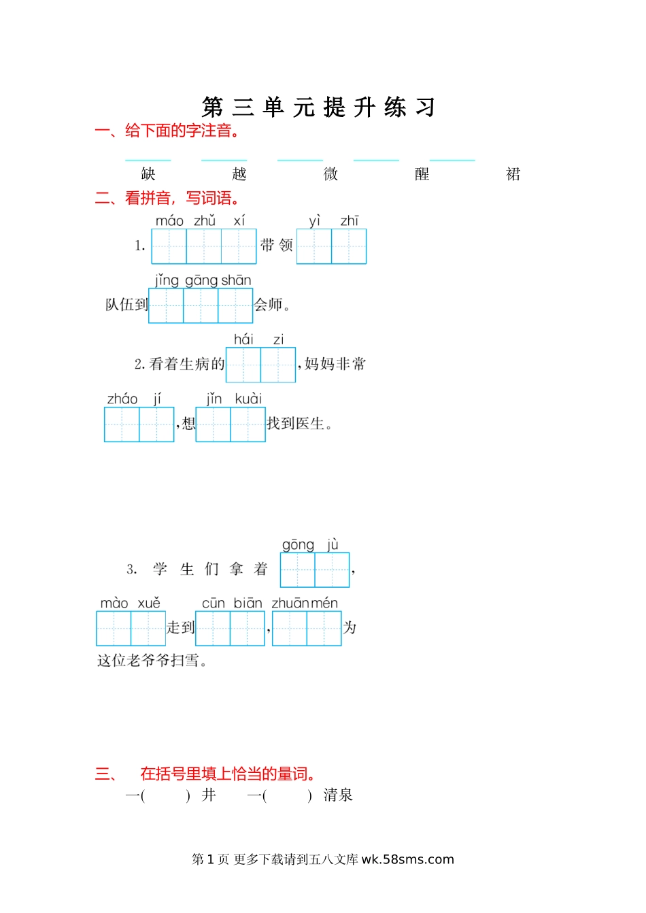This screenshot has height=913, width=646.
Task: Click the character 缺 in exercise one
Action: click(x=148, y=174)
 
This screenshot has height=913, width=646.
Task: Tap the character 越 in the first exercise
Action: click(x=239, y=174)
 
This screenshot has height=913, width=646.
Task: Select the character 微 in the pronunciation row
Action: click(x=331, y=174)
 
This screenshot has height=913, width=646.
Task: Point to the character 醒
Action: click(x=422, y=174)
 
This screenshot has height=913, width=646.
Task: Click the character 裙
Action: click(x=513, y=174)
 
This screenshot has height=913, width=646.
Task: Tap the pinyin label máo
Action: click(x=169, y=221)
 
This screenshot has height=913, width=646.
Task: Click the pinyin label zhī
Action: click(x=350, y=221)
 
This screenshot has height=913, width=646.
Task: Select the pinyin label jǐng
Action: click(x=167, y=280)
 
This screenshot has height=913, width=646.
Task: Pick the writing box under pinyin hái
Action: click(x=243, y=365)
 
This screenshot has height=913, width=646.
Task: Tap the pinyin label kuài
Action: click(x=248, y=399)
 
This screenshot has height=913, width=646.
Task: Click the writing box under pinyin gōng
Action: click(x=298, y=569)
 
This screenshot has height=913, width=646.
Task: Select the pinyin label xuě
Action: click(x=149, y=603)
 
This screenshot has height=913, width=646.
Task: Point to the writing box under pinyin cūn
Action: click(x=213, y=628)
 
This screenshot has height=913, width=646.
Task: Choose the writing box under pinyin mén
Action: click(x=324, y=628)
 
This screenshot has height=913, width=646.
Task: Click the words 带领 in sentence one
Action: click(x=277, y=246)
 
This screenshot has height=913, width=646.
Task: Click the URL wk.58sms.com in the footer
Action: click(x=407, y=859)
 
